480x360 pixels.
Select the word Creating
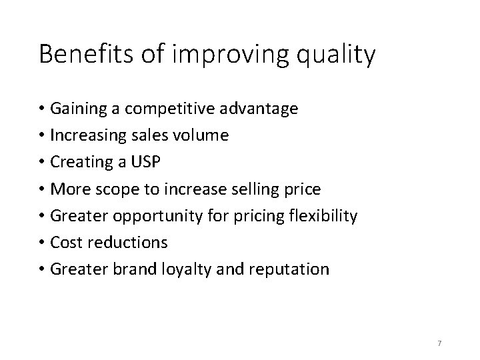pyautogui.click(x=81, y=163)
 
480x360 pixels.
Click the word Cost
pyautogui.click(x=65, y=243)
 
